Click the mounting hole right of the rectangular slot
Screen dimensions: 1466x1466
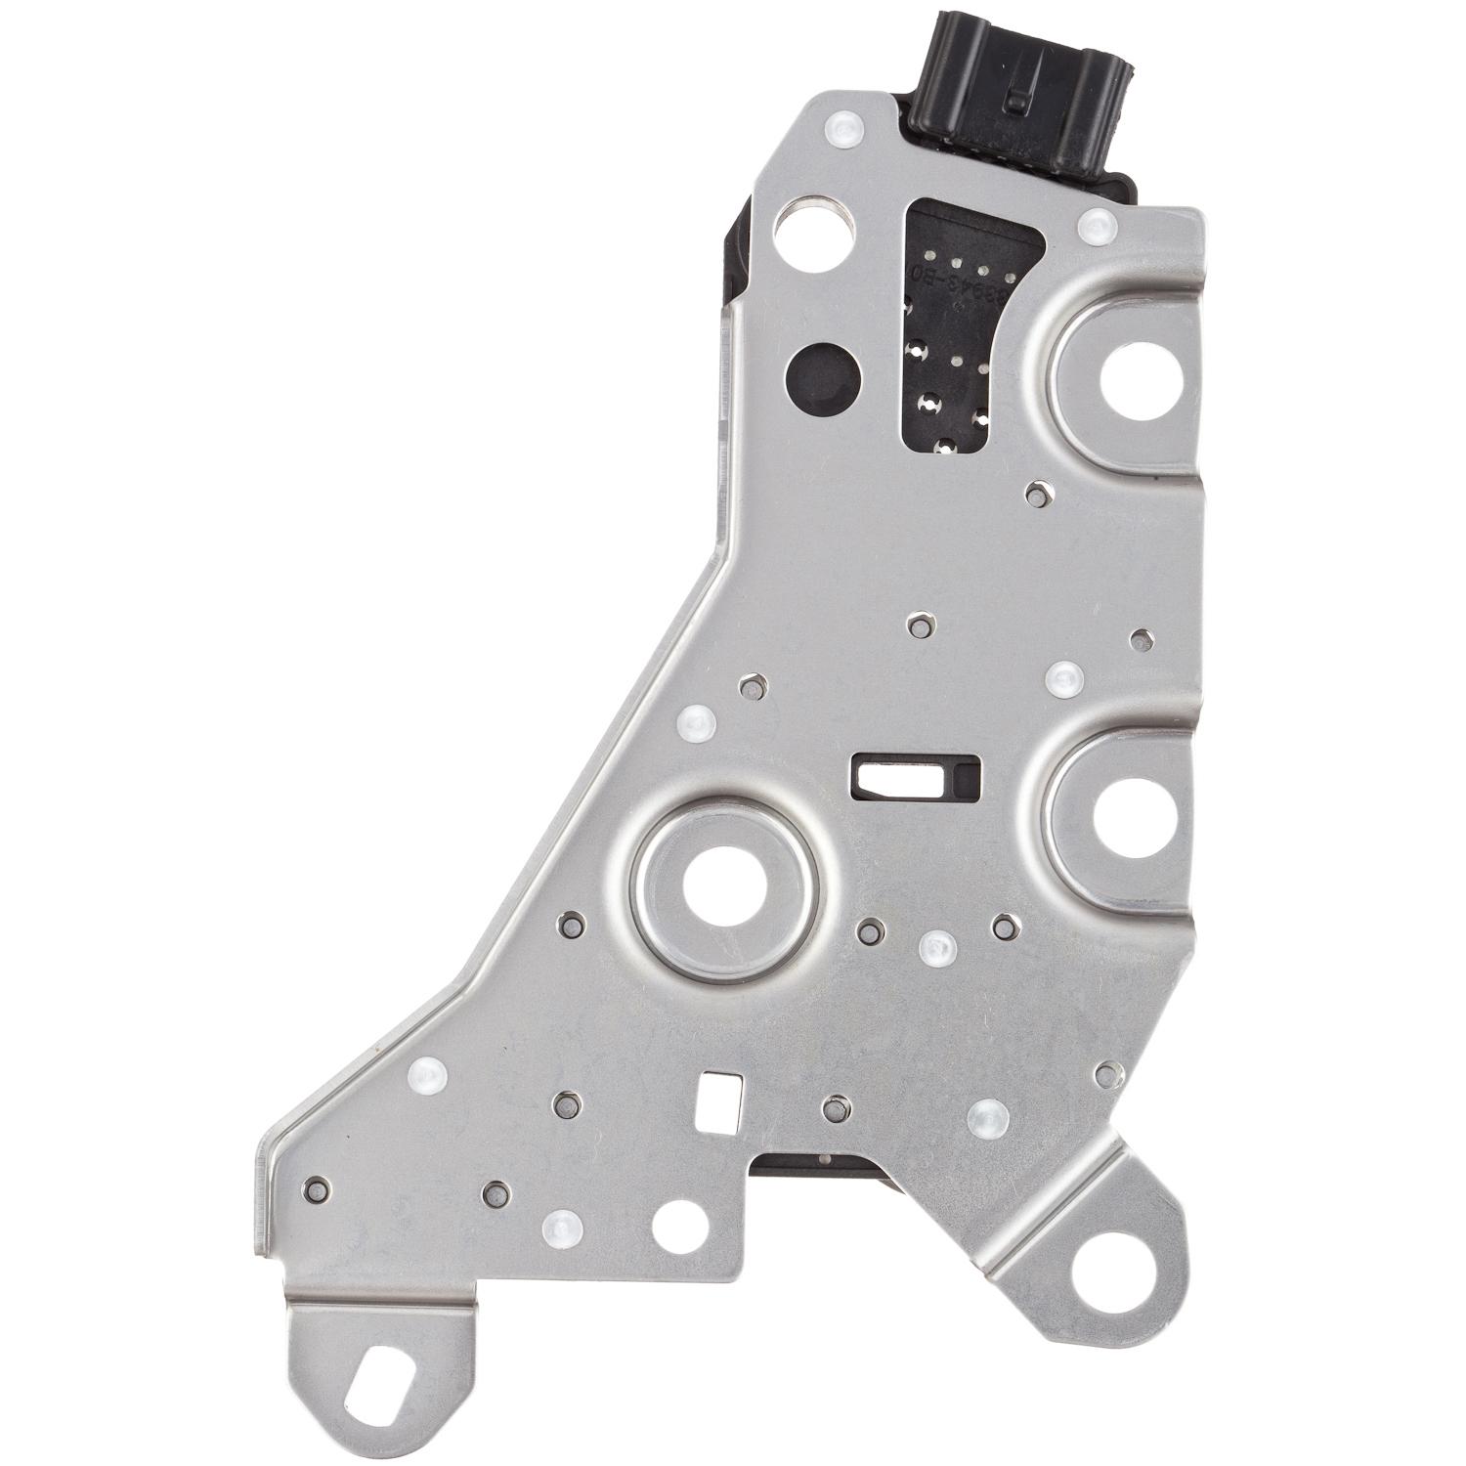[x=1132, y=817]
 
